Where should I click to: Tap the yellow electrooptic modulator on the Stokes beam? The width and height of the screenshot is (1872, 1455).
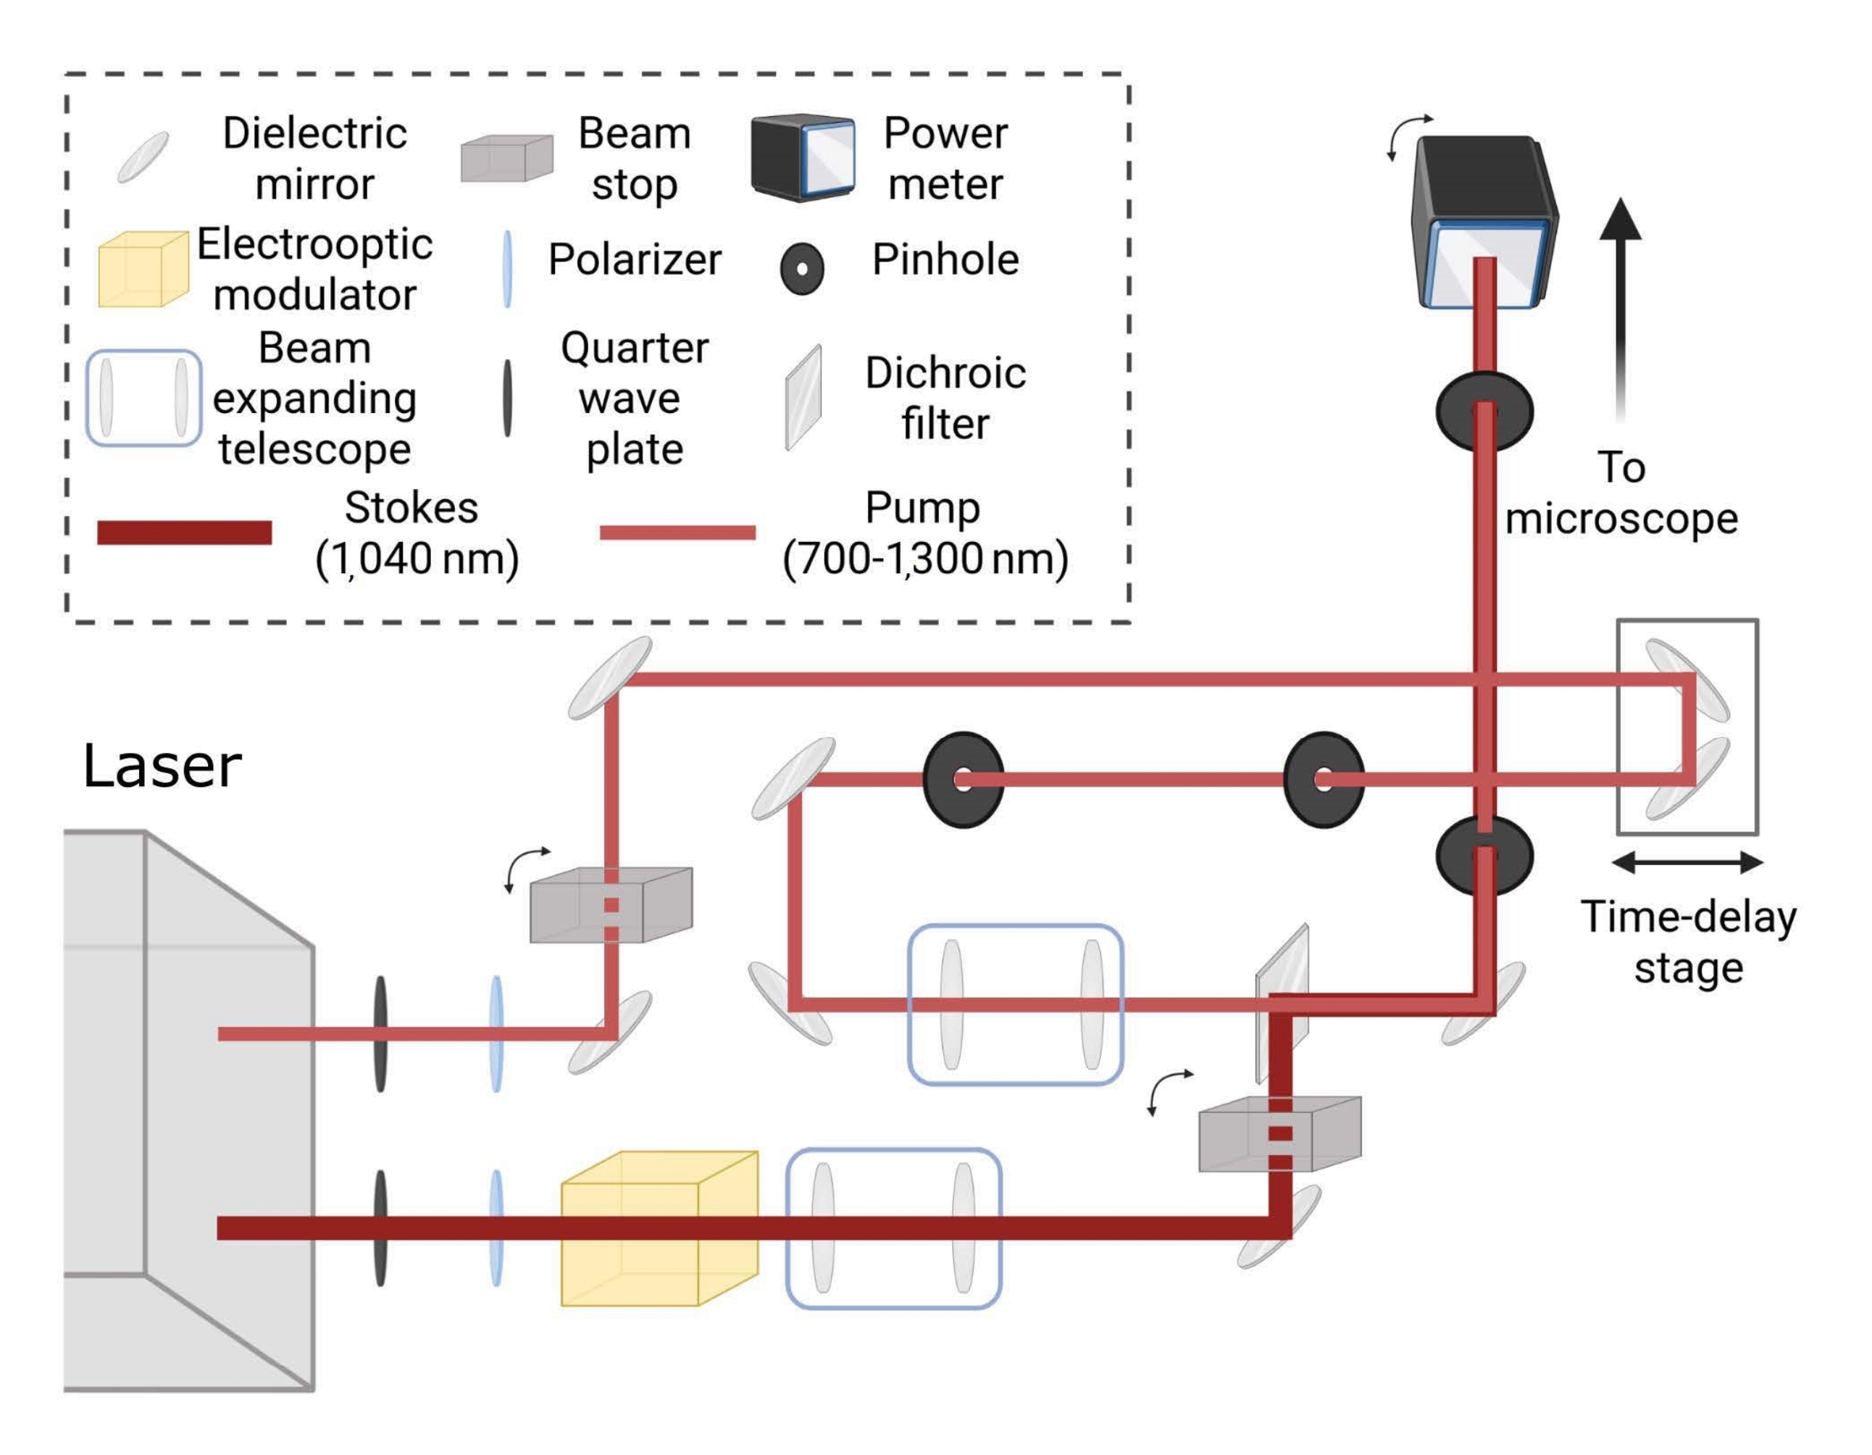click(659, 1227)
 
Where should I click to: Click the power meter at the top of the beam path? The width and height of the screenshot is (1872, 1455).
click(1484, 221)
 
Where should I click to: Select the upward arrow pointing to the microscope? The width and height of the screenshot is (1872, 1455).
click(1620, 309)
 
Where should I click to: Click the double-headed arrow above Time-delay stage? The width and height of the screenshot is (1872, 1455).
click(1687, 862)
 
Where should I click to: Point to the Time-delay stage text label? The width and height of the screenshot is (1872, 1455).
click(1689, 942)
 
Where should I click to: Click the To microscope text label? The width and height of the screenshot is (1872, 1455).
click(1621, 493)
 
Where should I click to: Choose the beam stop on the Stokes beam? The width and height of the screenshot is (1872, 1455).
click(1279, 1133)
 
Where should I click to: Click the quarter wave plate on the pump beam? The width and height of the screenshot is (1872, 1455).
click(380, 1033)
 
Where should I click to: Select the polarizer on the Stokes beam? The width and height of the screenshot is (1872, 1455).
click(496, 1227)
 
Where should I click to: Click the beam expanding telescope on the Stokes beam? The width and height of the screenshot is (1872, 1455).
click(894, 1227)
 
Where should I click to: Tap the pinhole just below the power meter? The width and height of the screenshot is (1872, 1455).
click(1484, 412)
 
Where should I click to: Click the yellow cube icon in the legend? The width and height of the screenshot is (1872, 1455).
click(143, 268)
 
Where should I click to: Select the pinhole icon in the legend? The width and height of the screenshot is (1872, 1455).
click(802, 268)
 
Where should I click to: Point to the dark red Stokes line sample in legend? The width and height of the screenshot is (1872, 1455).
click(184, 533)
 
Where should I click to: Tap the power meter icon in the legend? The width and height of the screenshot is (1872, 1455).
click(803, 157)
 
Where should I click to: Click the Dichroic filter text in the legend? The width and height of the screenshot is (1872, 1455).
click(945, 398)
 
